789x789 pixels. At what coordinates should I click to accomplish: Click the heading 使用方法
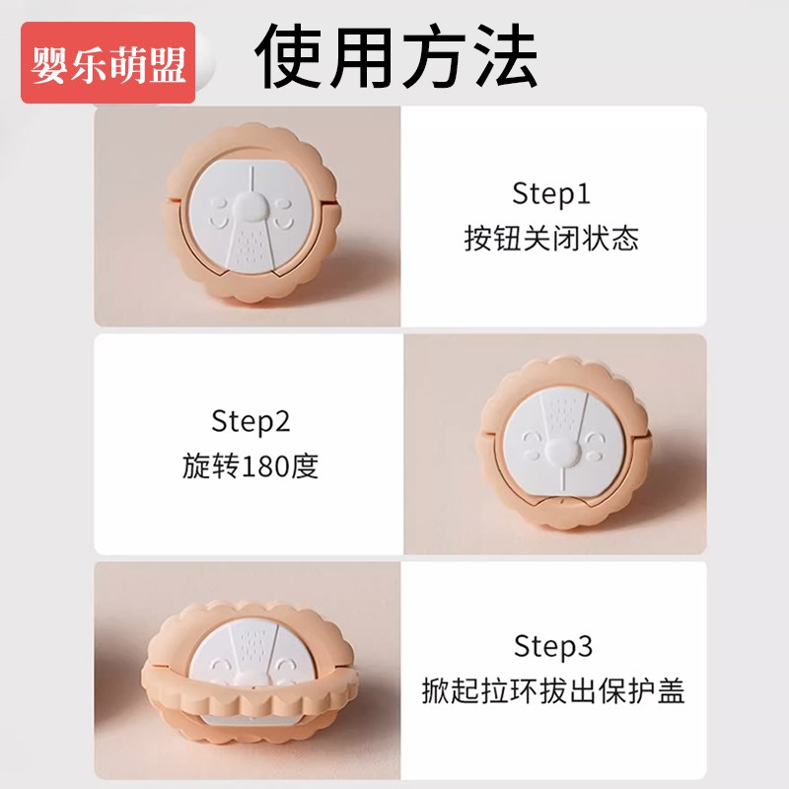tap(397, 56)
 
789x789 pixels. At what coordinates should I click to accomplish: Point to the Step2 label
tap(251, 422)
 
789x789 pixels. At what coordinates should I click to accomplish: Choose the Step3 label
tap(553, 647)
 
